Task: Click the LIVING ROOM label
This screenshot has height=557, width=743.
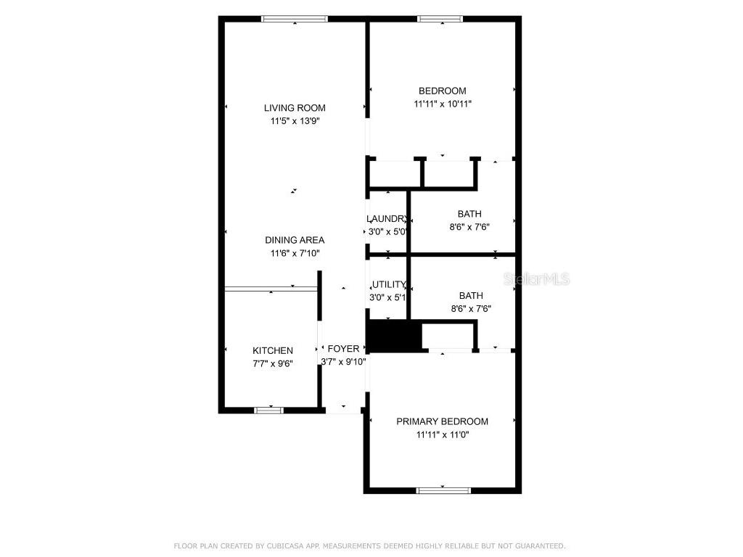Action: tap(295, 108)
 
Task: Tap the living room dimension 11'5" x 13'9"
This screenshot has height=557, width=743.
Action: tap(295, 121)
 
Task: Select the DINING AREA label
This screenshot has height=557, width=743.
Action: tap(295, 240)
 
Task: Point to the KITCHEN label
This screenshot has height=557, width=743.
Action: tap(273, 350)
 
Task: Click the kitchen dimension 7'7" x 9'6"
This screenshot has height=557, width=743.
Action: tap(273, 363)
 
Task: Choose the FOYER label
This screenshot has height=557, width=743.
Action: tap(344, 349)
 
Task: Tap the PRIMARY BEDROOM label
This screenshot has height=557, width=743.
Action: tap(442, 421)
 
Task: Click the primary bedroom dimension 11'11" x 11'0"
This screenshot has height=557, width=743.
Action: tap(442, 435)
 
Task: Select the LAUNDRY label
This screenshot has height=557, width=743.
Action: tap(386, 219)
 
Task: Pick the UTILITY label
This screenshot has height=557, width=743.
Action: tap(389, 284)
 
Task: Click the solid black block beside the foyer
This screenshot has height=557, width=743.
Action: tap(393, 337)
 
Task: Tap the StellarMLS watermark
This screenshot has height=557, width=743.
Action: tap(538, 279)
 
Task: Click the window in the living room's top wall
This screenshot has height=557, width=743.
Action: tap(295, 19)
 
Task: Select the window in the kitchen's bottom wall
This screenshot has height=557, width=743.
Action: tap(268, 410)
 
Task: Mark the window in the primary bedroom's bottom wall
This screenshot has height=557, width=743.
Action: tap(443, 490)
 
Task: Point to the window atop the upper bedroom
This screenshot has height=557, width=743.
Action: tap(440, 19)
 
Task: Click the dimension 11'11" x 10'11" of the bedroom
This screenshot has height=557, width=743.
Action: tap(442, 104)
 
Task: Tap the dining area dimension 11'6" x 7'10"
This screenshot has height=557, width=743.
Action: tap(295, 253)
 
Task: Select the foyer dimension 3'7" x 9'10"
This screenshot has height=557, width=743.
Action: tap(344, 361)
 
